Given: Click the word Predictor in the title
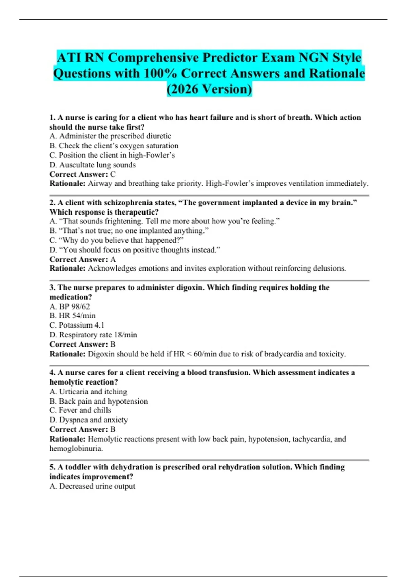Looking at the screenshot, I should pyautogui.click(x=229, y=58).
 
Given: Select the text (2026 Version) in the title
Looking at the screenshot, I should pyautogui.click(x=209, y=89).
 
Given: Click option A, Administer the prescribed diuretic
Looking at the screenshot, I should pyautogui.click(x=110, y=136).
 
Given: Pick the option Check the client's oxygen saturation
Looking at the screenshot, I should pyautogui.click(x=114, y=146).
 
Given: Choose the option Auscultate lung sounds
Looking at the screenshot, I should pyautogui.click(x=93, y=165).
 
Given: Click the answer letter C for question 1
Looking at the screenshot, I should pyautogui.click(x=113, y=174).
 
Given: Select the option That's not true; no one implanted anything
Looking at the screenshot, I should pyautogui.click(x=129, y=231).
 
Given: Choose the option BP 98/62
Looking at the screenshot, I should pyautogui.click(x=70, y=306).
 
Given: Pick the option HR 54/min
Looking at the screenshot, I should pyautogui.click(x=73, y=316).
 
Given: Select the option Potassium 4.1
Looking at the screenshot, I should pyautogui.click(x=77, y=325).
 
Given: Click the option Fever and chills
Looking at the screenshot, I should pyautogui.click(x=80, y=410).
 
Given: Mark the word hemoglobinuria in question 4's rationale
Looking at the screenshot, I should pyautogui.click(x=76, y=449).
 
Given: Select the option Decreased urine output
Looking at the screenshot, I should pyautogui.click(x=92, y=486).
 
